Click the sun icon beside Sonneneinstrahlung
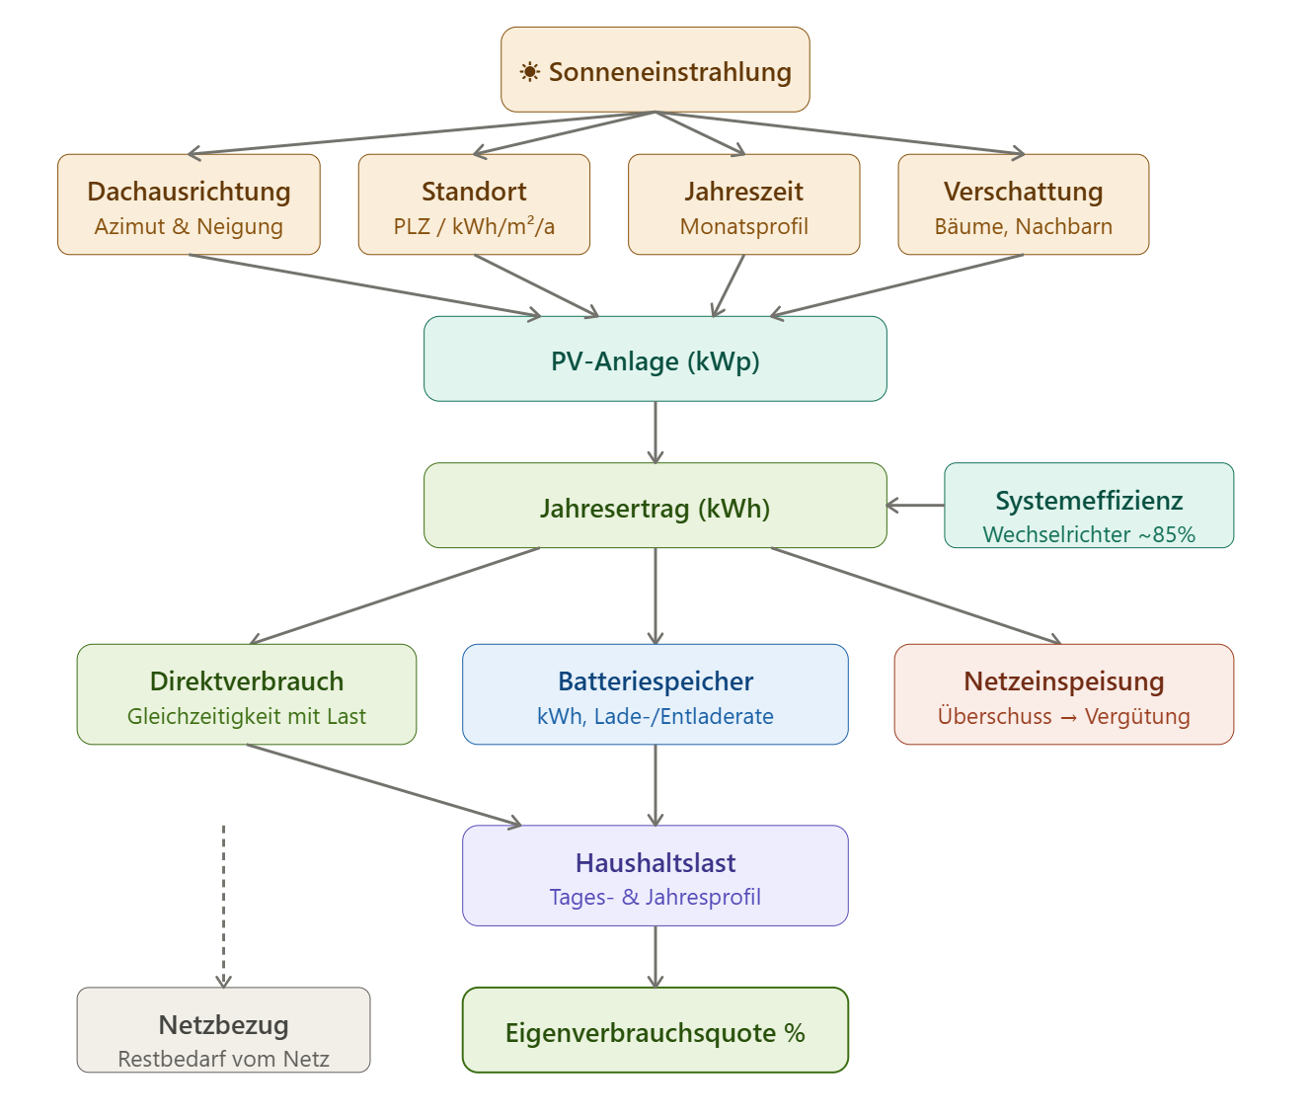(x=530, y=72)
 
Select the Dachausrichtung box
(x=189, y=204)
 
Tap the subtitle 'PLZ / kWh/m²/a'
(x=474, y=227)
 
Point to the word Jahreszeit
(x=743, y=192)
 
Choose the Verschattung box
(x=1023, y=204)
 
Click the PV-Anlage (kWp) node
(x=655, y=359)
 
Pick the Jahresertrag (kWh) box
(x=655, y=507)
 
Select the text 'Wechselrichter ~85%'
(x=1089, y=534)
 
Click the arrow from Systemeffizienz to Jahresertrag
(x=915, y=506)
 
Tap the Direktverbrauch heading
(x=247, y=681)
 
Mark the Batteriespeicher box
(x=655, y=694)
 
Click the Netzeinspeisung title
(x=1064, y=681)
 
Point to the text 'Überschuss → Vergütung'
(x=1064, y=717)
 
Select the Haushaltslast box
(x=655, y=876)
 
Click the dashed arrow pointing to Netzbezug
(x=224, y=904)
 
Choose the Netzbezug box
(x=223, y=1030)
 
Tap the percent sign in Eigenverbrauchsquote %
(x=795, y=1033)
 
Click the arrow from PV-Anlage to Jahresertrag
(x=655, y=432)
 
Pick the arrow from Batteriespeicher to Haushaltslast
(x=655, y=785)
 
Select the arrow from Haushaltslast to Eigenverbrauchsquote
(x=655, y=956)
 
